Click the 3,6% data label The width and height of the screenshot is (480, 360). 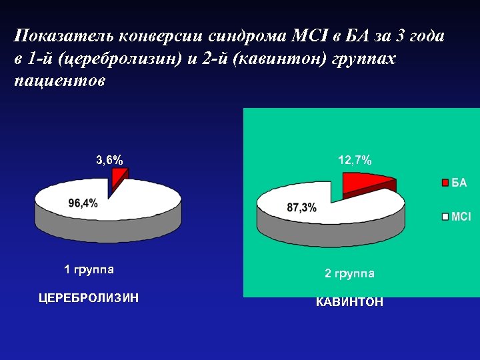[109, 160]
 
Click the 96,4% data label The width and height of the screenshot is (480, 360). [83, 203]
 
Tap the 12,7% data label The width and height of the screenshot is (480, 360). [355, 160]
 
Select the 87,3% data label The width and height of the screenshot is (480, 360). [301, 208]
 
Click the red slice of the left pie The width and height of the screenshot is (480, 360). [119, 176]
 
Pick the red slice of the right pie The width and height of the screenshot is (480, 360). [363, 182]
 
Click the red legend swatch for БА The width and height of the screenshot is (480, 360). [445, 183]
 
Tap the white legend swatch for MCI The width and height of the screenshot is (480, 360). [445, 217]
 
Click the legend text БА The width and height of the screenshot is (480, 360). [459, 183]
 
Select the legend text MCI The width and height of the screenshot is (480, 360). [461, 217]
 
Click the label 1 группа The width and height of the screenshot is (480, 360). [89, 270]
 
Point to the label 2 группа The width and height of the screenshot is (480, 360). [349, 273]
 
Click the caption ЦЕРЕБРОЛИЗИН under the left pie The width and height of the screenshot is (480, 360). [89, 297]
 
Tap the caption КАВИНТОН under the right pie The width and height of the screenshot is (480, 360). [349, 302]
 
